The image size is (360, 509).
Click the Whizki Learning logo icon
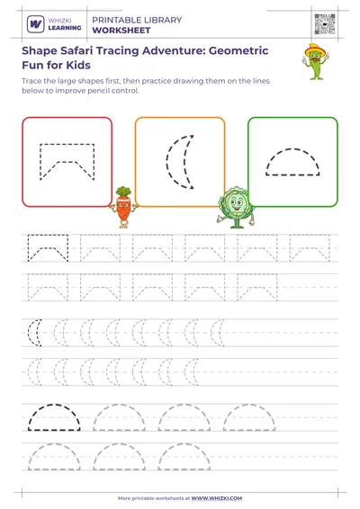point(35,24)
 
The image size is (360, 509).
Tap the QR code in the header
point(324,24)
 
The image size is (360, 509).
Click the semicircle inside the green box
point(292,162)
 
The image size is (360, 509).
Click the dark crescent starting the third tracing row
point(35,334)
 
